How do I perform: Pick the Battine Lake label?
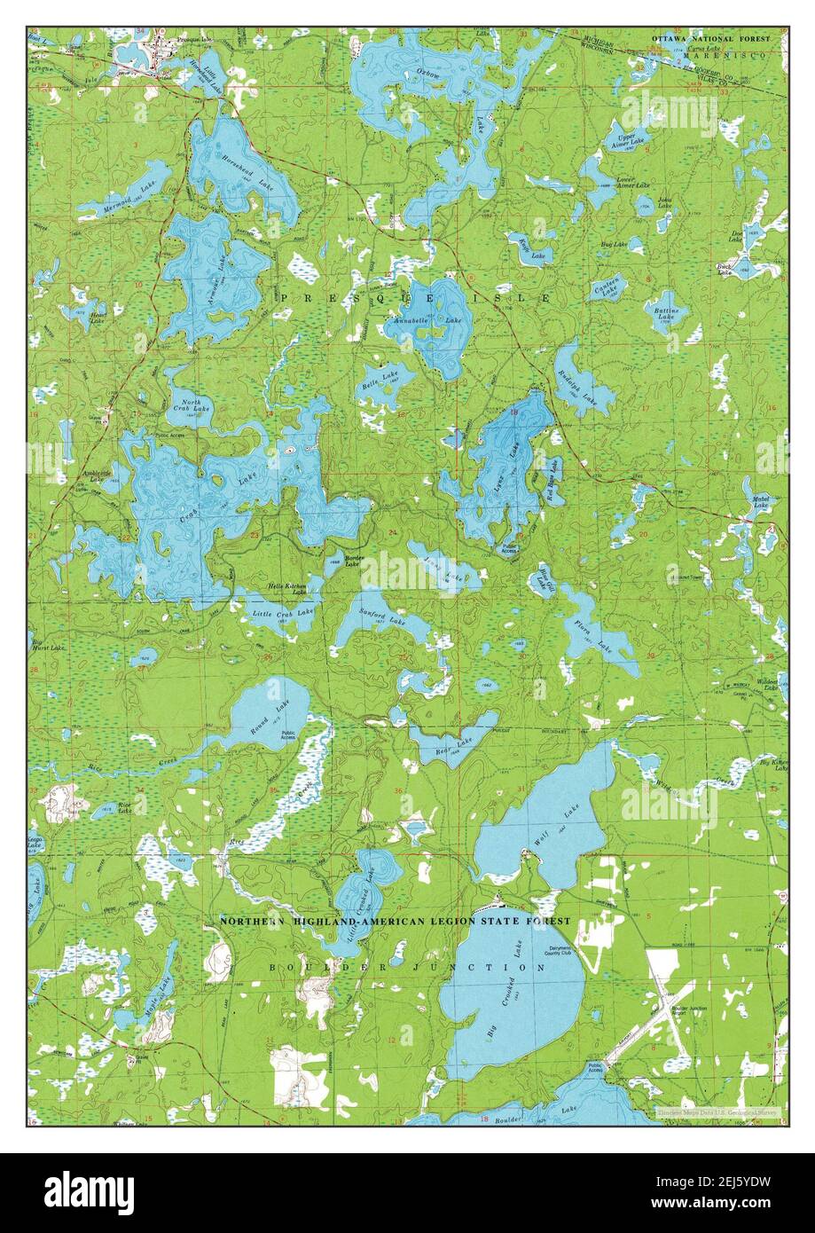pyautogui.click(x=666, y=314)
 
